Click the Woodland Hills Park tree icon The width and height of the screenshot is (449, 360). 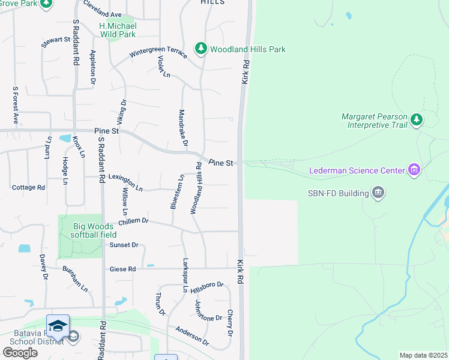(201, 49)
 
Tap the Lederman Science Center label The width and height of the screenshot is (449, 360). (357, 170)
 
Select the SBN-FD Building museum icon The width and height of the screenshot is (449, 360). (378, 193)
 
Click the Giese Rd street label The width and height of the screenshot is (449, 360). (122, 269)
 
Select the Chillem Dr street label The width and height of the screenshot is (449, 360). (133, 221)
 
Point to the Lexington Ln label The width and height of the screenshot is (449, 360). (125, 187)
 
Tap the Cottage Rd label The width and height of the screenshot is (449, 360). (29, 187)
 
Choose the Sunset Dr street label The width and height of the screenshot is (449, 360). (124, 245)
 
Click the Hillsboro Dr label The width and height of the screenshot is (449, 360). (206, 287)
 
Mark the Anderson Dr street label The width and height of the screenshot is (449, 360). (191, 336)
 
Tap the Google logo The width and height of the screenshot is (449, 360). (20, 352)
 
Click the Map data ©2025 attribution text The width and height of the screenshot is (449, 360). (423, 355)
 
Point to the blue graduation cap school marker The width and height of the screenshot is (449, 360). (58, 326)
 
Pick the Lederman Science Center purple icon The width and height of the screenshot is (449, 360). (414, 170)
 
